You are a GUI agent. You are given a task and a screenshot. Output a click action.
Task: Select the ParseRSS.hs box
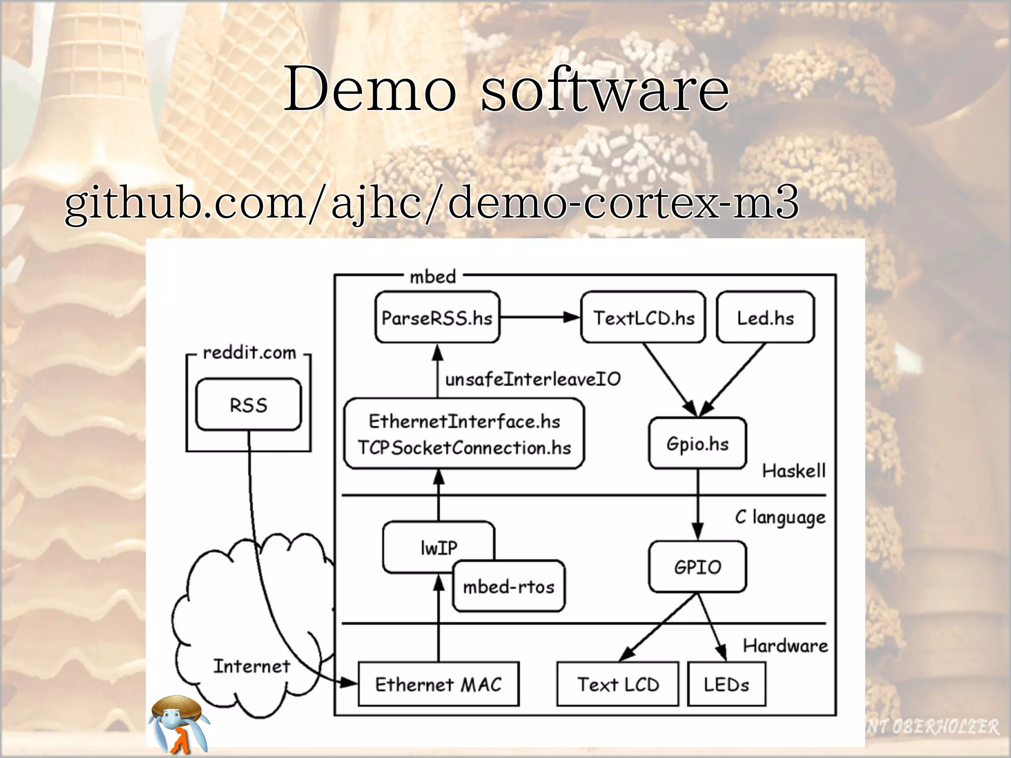coord(437,318)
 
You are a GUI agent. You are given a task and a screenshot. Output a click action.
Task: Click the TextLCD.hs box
coord(643,318)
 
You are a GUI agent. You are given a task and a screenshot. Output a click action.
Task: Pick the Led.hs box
coord(765,318)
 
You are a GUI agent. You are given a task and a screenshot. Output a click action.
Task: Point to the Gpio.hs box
coord(697,444)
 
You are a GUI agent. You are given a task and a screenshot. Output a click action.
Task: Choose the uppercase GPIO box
coord(697,567)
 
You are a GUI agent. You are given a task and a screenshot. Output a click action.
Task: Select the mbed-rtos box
coord(508,587)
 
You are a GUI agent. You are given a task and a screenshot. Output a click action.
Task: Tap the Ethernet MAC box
coord(438,684)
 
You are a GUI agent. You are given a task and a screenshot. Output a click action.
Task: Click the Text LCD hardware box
coord(618,684)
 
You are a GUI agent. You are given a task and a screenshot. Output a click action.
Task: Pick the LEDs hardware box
coord(726,684)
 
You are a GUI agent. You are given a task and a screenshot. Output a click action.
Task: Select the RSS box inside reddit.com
coord(248,405)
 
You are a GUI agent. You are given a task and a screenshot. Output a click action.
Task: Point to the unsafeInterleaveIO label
coord(533,379)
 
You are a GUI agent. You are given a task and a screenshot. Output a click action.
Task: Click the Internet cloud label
coord(251,666)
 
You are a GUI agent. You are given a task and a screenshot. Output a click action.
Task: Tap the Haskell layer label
coord(793,471)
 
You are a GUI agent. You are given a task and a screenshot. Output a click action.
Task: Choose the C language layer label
coord(780,517)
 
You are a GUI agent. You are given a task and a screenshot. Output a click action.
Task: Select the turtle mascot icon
coord(179,723)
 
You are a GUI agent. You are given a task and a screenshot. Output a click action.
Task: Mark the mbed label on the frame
coord(432,277)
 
